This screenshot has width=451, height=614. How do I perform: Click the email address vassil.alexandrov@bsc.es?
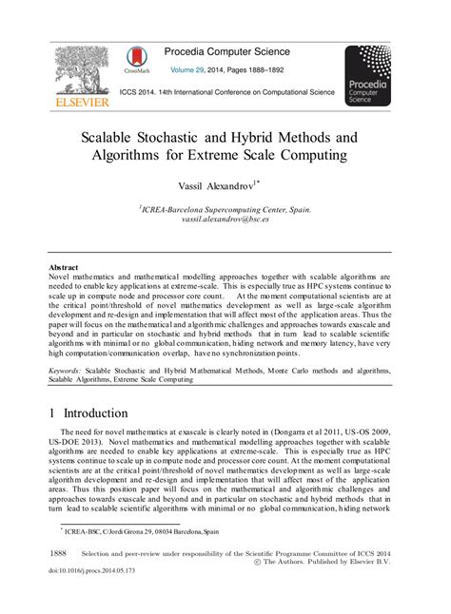[226, 220]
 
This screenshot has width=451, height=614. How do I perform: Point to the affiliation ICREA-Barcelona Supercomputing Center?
[226, 209]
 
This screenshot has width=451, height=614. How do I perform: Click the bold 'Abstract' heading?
[64, 268]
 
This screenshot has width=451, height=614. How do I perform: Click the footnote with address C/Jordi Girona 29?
[133, 531]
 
